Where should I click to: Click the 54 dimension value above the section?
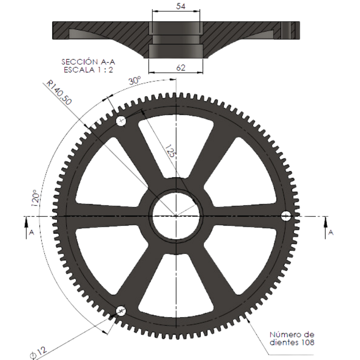tap(181, 6)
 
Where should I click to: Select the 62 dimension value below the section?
tap(181, 68)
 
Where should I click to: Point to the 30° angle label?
tap(135, 81)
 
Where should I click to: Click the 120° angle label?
tap(35, 198)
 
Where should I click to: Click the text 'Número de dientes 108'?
tap(292, 338)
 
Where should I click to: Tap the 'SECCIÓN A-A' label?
tap(88, 62)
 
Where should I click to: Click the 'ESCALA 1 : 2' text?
tap(88, 70)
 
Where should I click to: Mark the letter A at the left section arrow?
tap(32, 232)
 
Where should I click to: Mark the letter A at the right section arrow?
tap(331, 233)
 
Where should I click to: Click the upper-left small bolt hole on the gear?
tap(121, 121)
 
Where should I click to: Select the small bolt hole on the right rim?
tap(286, 216)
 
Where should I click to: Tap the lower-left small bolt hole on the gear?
tap(121, 311)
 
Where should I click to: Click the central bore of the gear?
tap(176, 216)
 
